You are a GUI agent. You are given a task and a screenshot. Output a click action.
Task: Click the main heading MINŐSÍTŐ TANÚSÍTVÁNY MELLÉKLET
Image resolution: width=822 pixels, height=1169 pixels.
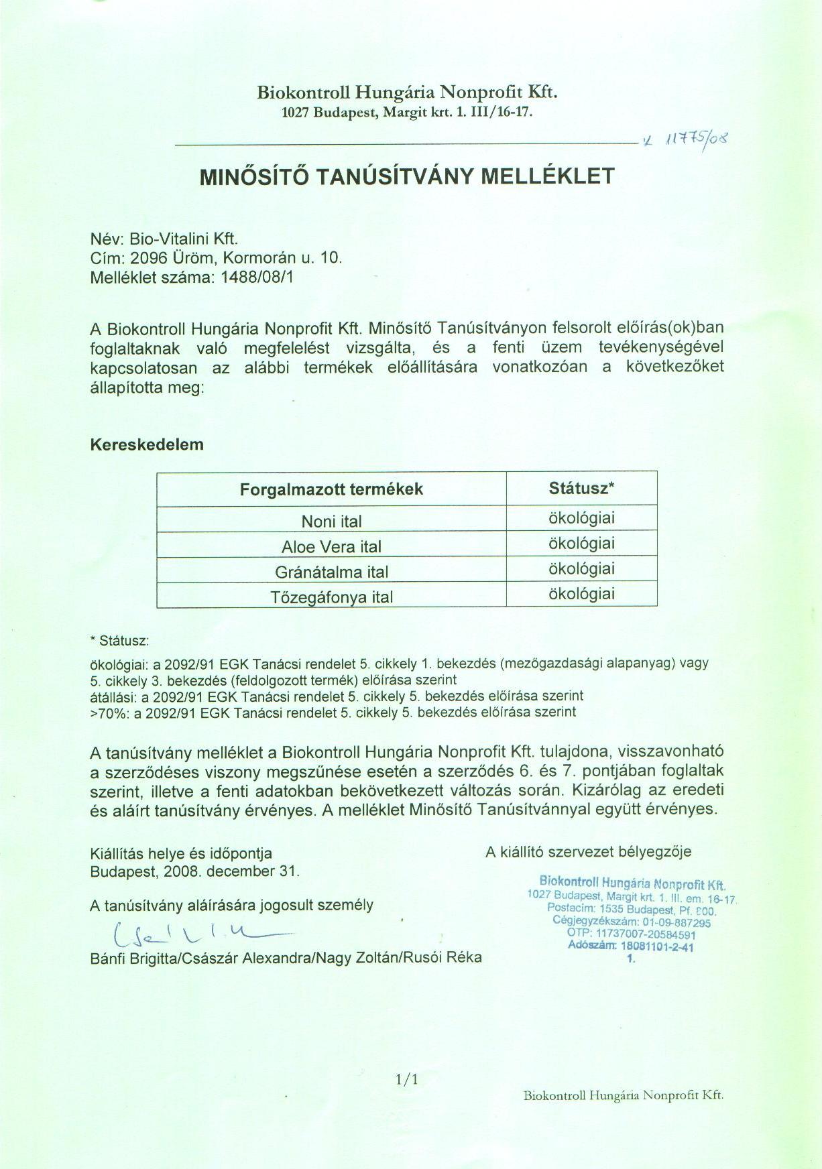(x=407, y=176)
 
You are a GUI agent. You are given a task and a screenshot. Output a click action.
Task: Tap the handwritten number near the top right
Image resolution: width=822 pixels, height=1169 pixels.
(x=697, y=140)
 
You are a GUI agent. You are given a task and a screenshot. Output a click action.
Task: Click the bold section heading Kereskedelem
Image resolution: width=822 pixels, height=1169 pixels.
(x=147, y=444)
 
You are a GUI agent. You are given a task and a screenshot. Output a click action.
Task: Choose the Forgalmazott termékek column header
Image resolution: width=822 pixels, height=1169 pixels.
(x=331, y=489)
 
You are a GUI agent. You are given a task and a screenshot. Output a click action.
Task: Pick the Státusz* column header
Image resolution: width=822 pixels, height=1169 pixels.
(x=581, y=488)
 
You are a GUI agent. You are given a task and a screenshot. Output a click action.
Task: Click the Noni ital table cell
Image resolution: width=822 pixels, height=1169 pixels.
(x=331, y=521)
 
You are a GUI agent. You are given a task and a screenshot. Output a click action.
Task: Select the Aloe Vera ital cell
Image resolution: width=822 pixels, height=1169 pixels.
(x=331, y=546)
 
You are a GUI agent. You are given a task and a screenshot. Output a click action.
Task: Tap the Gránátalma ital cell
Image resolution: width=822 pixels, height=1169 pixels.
(x=331, y=572)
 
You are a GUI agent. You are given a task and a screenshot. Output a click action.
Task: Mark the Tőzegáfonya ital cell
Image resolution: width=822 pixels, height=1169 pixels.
(x=331, y=597)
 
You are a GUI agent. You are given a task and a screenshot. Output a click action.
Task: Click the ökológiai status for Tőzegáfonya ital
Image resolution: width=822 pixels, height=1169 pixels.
(x=581, y=594)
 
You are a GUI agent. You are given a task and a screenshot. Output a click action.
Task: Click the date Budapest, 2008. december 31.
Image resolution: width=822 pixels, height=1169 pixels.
(x=195, y=872)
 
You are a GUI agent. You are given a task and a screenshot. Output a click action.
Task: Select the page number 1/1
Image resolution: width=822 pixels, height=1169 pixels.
(x=407, y=1080)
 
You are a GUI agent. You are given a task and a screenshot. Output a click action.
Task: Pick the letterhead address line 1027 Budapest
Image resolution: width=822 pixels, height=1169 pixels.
(x=407, y=112)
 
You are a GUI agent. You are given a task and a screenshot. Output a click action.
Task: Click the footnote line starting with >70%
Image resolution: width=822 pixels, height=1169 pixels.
(x=333, y=713)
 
